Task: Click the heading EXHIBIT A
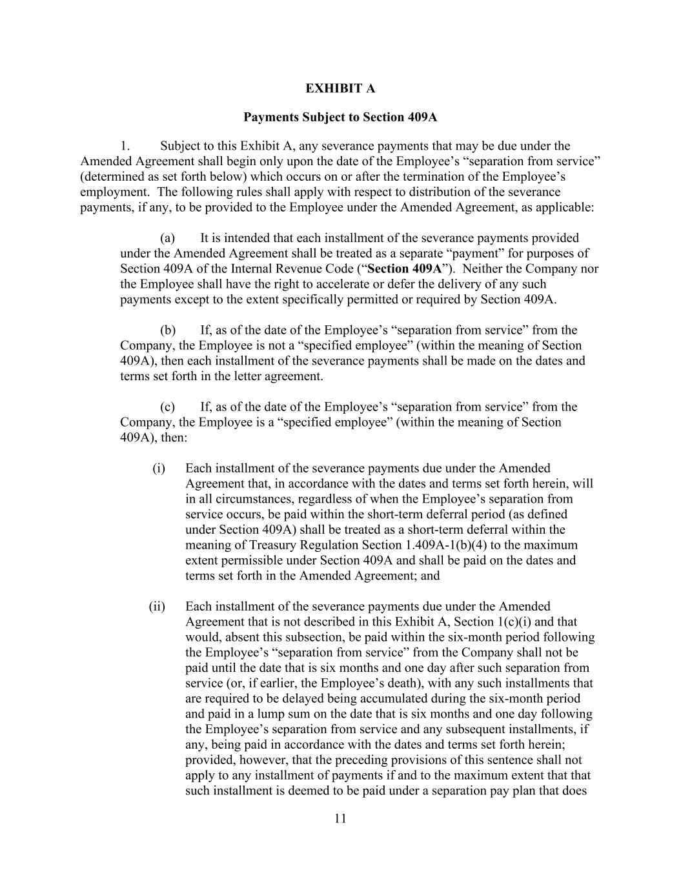tap(340, 88)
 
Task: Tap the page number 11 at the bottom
tap(341, 819)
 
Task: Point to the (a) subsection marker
tap(168, 238)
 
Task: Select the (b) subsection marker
tap(168, 330)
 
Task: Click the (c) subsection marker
tap(168, 407)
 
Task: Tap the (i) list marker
tap(159, 468)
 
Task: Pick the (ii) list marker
tap(157, 606)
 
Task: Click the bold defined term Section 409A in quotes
tap(404, 268)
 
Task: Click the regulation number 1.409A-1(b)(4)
tap(445, 545)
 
